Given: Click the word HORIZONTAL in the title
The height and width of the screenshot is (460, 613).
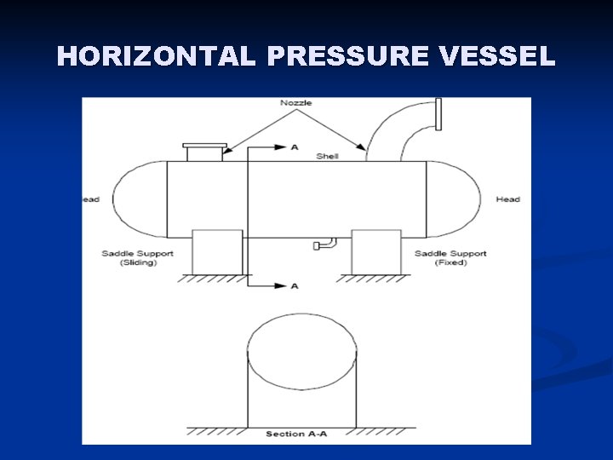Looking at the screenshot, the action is point(156,56).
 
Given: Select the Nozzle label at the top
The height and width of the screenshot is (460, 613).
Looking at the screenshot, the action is point(296,103).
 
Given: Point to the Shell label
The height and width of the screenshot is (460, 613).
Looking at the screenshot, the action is point(327,156).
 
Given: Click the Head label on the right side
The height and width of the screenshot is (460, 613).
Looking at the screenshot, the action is point(507,199).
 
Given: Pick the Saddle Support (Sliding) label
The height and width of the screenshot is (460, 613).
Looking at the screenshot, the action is point(138,258).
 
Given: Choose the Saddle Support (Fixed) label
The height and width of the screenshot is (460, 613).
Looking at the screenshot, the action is point(450,258).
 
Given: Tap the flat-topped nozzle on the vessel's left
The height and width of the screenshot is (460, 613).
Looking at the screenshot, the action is point(204,152).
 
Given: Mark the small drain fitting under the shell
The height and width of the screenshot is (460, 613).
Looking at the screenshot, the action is point(324,244).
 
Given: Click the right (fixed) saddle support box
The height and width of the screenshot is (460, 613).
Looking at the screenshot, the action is point(375,252).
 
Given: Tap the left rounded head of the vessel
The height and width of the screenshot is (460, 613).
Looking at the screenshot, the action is point(140,199).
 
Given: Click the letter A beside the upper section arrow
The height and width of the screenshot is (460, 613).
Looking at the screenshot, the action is point(295,147).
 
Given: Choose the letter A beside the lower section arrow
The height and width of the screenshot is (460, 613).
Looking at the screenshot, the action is point(295,286).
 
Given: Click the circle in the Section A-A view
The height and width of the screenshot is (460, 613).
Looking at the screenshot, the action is point(301,350).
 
